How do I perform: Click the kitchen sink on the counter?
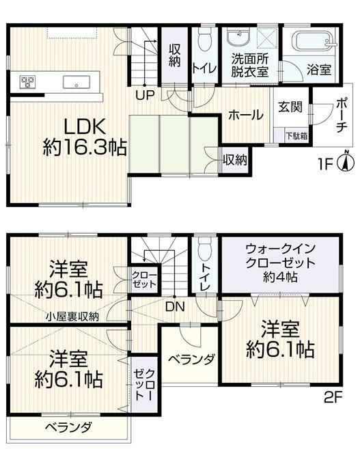77,81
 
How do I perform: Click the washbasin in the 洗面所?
238,38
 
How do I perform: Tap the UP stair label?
145,95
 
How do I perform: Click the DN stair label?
175,307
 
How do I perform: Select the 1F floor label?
326,165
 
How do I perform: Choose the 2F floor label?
333,397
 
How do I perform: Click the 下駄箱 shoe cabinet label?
296,136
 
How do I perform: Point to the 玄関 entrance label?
290,107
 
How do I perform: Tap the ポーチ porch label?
342,116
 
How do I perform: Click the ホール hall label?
246,115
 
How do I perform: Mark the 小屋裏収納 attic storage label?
73,316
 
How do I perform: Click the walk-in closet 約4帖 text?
280,276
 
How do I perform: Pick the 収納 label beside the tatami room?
235,160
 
